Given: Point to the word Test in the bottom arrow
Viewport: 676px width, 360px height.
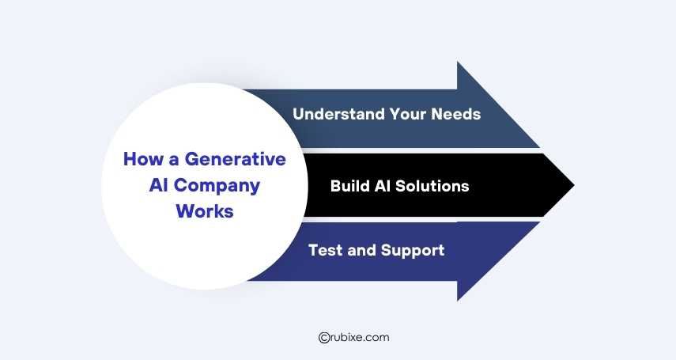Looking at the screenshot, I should (323, 251).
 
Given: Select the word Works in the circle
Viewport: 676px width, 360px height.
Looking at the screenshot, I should (205, 211).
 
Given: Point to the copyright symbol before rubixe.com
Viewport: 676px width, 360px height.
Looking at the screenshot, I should (323, 337).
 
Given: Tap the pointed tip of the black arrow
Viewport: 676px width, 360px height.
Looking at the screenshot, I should (572, 186).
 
